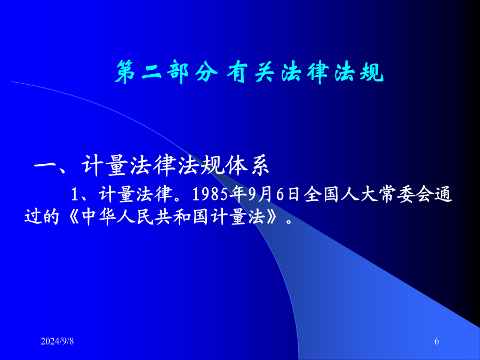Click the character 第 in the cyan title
tap(125, 72)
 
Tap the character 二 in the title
tap(152, 72)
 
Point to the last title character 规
tap(372, 72)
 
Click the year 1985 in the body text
tap(210, 194)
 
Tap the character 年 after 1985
tap(238, 194)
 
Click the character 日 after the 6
tap(293, 194)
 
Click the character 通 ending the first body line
tap(443, 194)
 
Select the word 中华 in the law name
tap(99, 217)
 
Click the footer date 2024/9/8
tap(57, 341)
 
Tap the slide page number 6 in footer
tap(437, 341)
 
